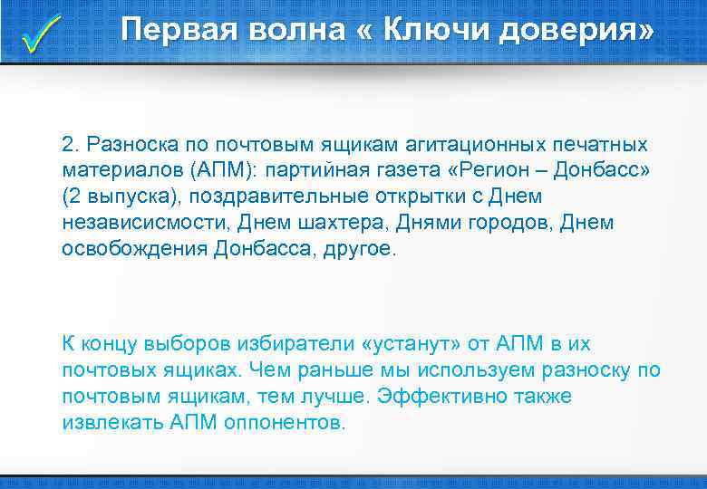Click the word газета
(379, 171)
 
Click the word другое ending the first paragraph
(360, 248)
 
